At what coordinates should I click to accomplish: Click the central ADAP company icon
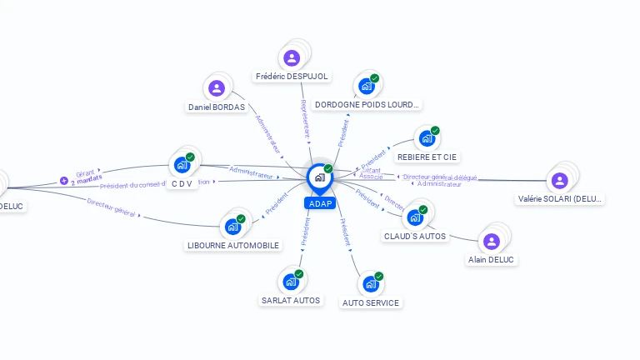pos(319,177)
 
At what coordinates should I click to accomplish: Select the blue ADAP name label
pos(320,203)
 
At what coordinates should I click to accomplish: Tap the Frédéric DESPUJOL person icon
pos(292,57)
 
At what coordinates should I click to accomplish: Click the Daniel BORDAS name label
pos(217,107)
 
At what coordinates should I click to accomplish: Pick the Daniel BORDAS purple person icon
pos(217,87)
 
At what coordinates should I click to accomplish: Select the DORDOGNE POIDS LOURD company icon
pos(366,85)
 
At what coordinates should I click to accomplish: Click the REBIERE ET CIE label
pos(428,157)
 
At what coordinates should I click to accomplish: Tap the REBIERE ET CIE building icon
pos(427,138)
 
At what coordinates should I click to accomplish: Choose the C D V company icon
pos(182,165)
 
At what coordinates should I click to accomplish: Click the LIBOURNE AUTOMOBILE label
pos(233,245)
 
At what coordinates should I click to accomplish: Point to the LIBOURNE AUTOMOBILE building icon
pos(232,226)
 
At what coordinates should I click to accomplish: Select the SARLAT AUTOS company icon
pos(290,282)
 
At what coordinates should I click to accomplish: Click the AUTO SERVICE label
pos(371,302)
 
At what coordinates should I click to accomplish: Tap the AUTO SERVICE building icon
pos(370,283)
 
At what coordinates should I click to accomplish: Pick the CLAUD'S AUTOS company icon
pos(414,217)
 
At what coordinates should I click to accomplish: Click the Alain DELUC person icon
pos(492,241)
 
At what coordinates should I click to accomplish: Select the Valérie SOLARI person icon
pos(559,180)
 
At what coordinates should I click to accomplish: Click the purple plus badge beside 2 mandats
pos(64,180)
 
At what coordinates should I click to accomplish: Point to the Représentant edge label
pos(305,118)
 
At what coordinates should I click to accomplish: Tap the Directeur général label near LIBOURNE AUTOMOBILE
pos(111,208)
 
